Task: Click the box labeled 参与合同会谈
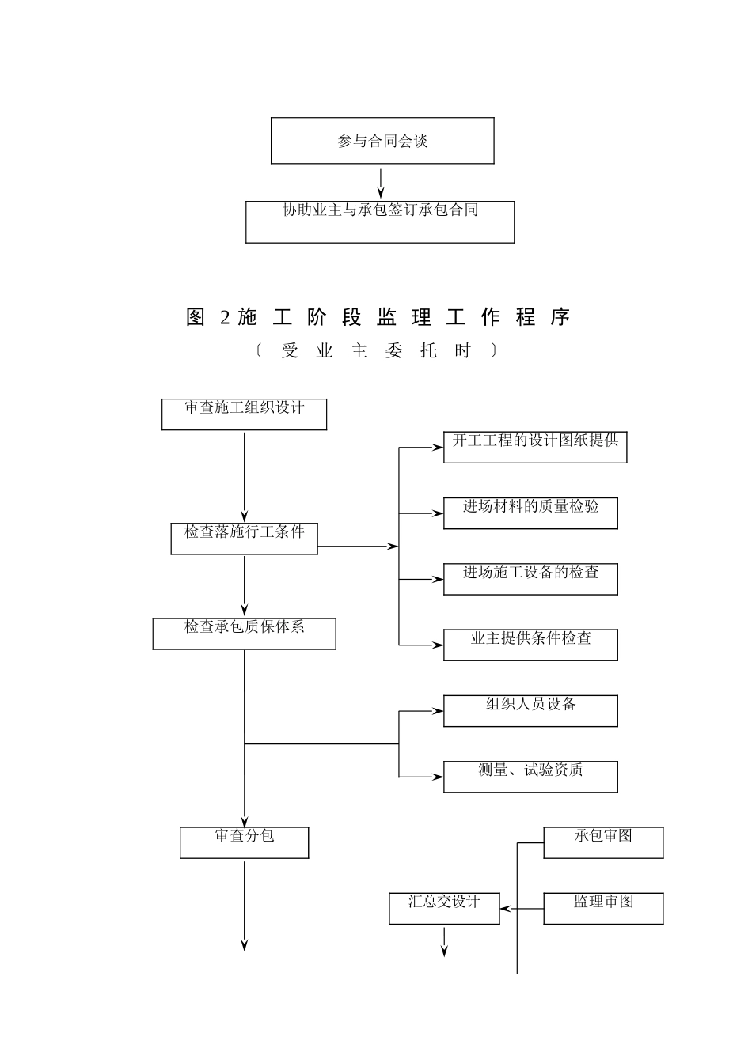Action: [x=382, y=141]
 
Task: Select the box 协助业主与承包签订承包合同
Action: [x=380, y=221]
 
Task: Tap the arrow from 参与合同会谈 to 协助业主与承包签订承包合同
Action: [x=381, y=183]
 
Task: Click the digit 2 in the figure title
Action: [x=225, y=318]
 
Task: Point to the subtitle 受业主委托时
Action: [x=376, y=350]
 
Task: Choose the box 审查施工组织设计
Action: [x=244, y=414]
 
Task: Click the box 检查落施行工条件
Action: [x=244, y=539]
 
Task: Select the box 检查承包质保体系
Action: [x=244, y=634]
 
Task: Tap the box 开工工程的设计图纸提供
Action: [x=535, y=447]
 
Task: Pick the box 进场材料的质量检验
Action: [x=530, y=513]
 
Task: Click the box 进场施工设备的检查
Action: [x=530, y=579]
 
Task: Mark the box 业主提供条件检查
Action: [x=530, y=645]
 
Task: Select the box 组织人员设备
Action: [x=530, y=710]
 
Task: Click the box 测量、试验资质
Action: [x=530, y=777]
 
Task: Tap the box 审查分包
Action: [x=244, y=842]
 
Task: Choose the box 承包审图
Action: [x=603, y=842]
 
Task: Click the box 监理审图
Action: [x=603, y=908]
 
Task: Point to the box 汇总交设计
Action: [x=444, y=908]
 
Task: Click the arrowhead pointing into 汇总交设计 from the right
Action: [x=505, y=909]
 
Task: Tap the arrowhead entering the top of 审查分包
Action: [x=245, y=822]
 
